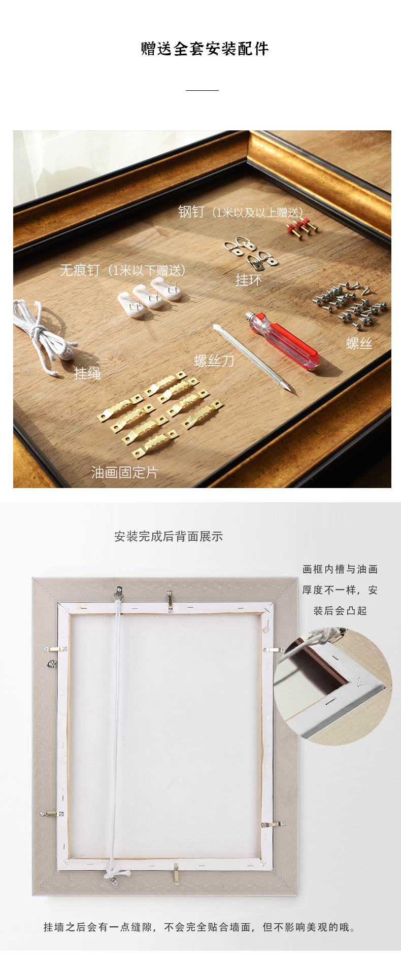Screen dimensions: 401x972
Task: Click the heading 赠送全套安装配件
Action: click(x=205, y=49)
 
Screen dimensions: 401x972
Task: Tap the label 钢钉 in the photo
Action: click(x=191, y=212)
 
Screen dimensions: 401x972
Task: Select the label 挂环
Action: click(x=248, y=280)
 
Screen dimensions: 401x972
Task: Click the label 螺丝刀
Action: click(x=214, y=361)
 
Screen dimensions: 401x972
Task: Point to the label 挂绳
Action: click(x=87, y=373)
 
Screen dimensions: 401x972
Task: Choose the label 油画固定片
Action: click(x=125, y=472)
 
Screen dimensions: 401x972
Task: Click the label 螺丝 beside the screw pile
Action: click(x=359, y=343)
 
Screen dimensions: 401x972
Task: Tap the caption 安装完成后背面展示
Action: click(x=169, y=536)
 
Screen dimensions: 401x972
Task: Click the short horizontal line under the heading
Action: click(x=202, y=90)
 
